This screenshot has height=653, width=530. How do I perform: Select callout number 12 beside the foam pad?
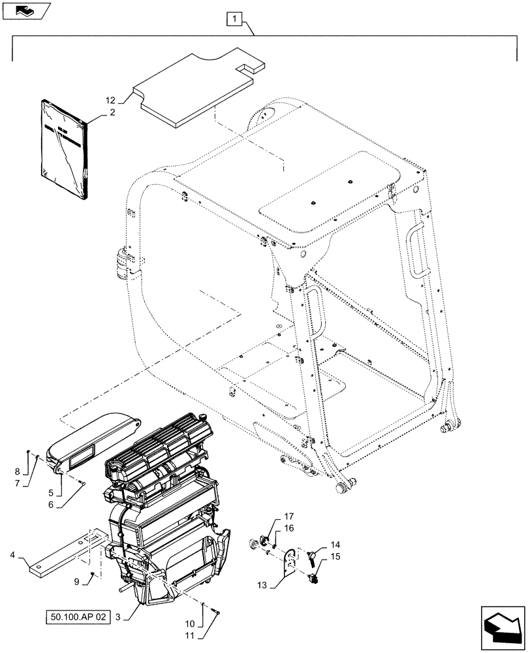coord(110,101)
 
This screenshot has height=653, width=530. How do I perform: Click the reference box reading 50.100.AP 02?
coord(77,616)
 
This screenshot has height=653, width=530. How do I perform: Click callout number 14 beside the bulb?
coord(335,545)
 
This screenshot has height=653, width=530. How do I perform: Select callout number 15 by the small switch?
coord(335,556)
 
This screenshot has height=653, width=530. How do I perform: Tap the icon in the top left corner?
coord(25,10)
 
